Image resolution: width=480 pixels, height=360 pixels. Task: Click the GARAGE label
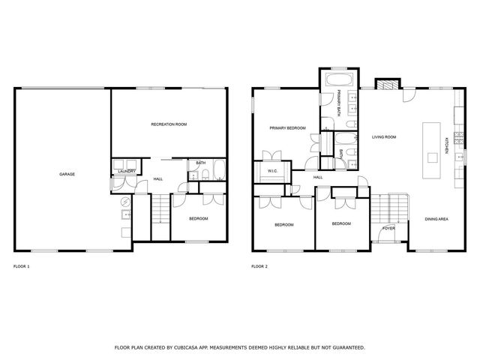point(67,174)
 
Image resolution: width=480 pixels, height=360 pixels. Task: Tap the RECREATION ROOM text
point(169,124)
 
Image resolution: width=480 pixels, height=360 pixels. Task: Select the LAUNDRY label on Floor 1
point(126,172)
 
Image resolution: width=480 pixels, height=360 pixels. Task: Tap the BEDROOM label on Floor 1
point(198,218)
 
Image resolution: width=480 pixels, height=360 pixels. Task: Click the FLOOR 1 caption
point(22,266)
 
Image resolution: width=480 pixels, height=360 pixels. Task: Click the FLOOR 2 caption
point(259,266)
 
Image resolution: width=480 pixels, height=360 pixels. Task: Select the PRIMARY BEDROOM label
point(288,128)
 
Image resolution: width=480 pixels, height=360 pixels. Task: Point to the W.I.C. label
point(272,171)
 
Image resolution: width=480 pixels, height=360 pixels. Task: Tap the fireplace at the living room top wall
point(385,83)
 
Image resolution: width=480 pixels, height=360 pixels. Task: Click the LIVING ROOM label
point(384,137)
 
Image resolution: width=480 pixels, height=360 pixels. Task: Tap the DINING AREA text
point(436,219)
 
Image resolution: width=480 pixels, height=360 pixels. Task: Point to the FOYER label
point(388,227)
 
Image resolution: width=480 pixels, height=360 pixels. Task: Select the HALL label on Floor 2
point(318,178)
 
